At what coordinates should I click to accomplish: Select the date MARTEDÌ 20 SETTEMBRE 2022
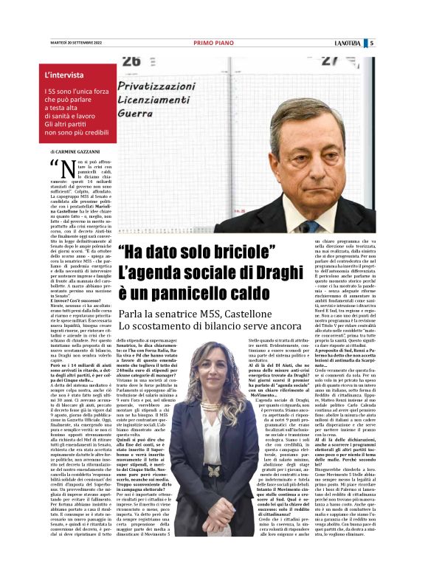(x=70, y=43)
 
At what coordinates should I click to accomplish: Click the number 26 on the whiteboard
(x=132, y=61)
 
